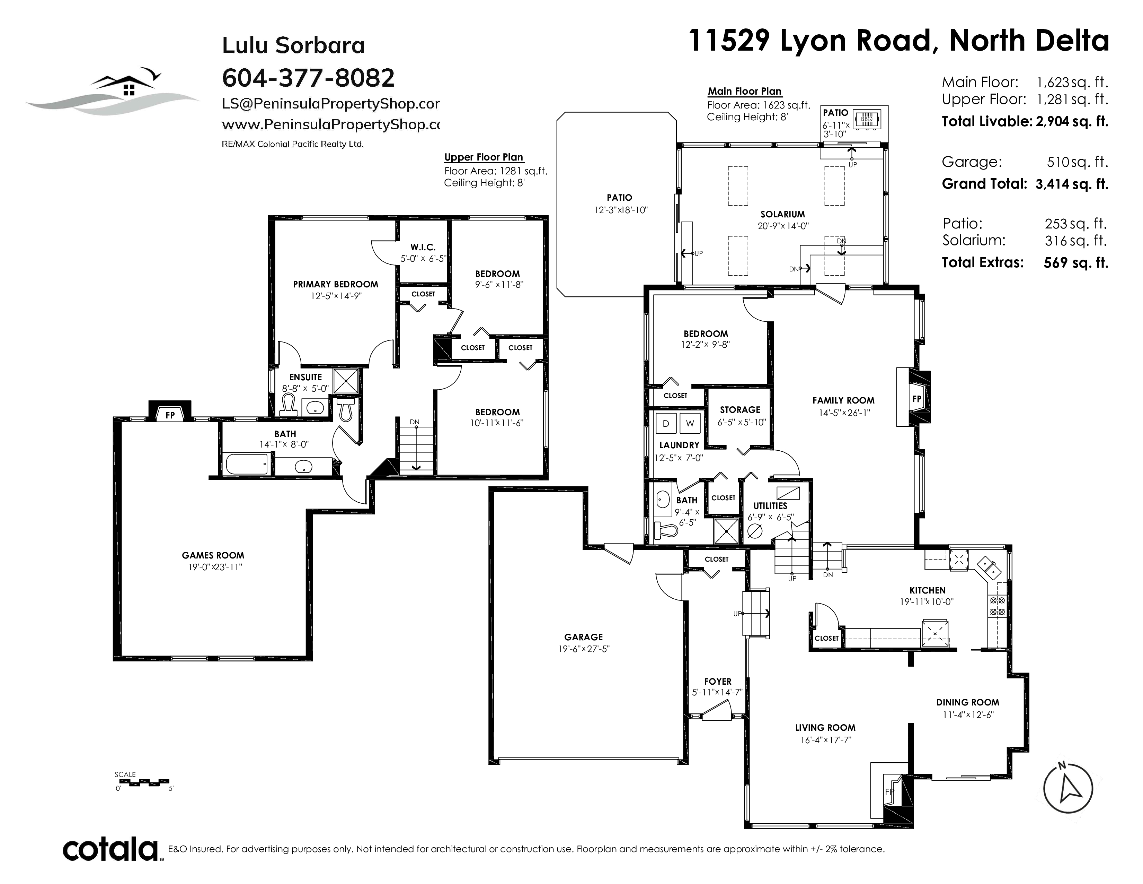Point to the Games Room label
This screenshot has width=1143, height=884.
[213, 555]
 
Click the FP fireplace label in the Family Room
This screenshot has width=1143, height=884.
[916, 399]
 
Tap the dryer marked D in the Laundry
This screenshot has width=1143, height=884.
[666, 423]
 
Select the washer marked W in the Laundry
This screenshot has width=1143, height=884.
[690, 423]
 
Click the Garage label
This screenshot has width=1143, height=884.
[584, 637]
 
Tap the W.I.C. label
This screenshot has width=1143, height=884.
[423, 247]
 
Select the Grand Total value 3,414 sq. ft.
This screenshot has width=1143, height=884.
[1072, 184]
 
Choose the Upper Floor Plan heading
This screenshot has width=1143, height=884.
[484, 157]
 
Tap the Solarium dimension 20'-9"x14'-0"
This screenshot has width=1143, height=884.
[783, 226]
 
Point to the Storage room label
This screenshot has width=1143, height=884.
[740, 409]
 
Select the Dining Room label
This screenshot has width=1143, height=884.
[968, 702]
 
